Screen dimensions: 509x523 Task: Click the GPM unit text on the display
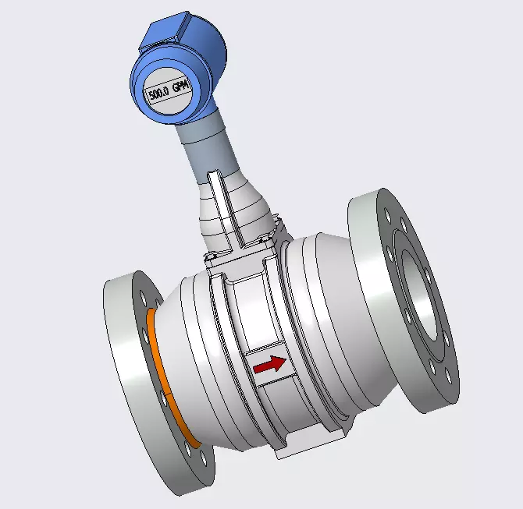181,87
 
